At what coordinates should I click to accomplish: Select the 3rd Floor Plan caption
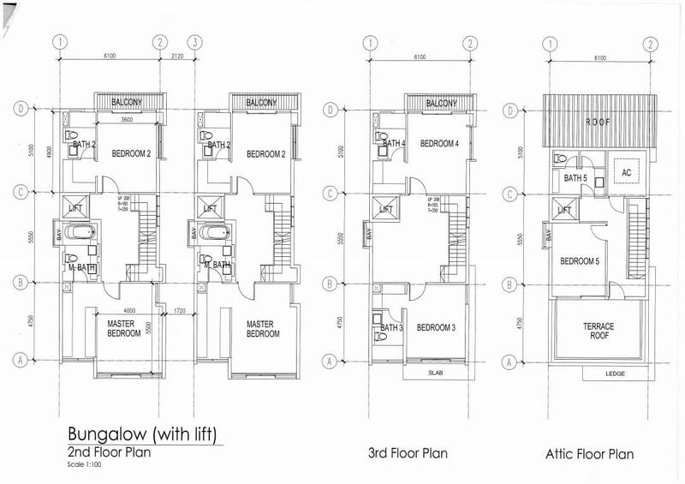407,452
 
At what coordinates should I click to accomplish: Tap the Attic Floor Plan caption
589,452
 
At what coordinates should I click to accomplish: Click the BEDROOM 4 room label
439,141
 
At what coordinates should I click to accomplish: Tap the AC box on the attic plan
626,172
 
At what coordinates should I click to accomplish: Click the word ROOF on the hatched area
599,122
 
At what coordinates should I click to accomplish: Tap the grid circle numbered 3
197,41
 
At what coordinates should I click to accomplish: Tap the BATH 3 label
390,328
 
